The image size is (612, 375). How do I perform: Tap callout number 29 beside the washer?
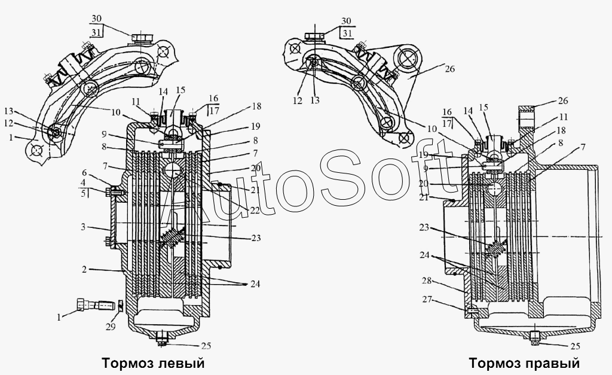click(111, 326)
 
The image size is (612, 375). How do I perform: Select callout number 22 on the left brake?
click(255, 210)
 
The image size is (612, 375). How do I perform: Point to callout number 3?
click(83, 227)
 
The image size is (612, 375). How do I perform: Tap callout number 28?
click(427, 281)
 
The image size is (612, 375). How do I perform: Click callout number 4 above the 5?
click(82, 183)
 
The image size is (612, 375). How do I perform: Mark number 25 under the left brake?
click(206, 346)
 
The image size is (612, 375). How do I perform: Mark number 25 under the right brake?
click(575, 346)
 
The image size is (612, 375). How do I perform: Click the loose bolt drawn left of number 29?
click(96, 303)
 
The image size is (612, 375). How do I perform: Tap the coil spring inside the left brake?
click(172, 238)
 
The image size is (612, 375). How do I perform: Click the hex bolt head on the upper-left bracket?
click(141, 38)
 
